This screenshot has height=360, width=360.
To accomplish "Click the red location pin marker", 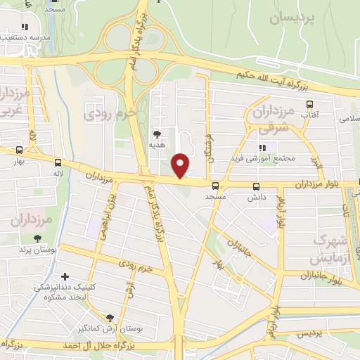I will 181,165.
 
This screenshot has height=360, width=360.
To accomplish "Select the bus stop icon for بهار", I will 19,150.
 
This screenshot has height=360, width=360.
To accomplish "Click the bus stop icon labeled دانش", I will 255,186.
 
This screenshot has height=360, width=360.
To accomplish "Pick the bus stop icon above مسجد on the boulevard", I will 215,186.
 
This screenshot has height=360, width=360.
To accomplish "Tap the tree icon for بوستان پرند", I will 35,238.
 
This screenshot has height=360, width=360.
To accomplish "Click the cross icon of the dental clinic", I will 65,276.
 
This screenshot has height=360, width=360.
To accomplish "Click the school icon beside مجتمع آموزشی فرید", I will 262,148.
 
